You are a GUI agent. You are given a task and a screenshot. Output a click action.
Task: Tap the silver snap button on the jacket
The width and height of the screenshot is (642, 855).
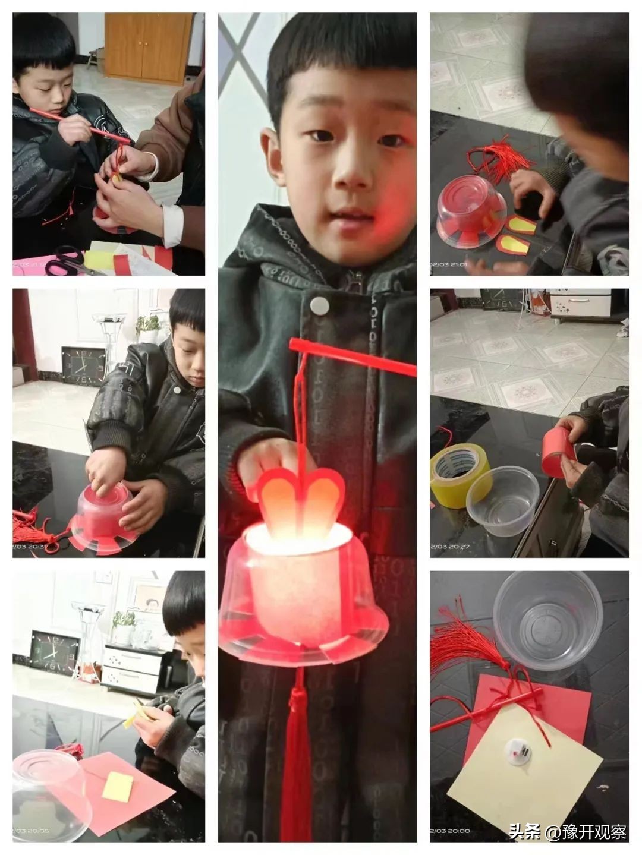319,305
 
